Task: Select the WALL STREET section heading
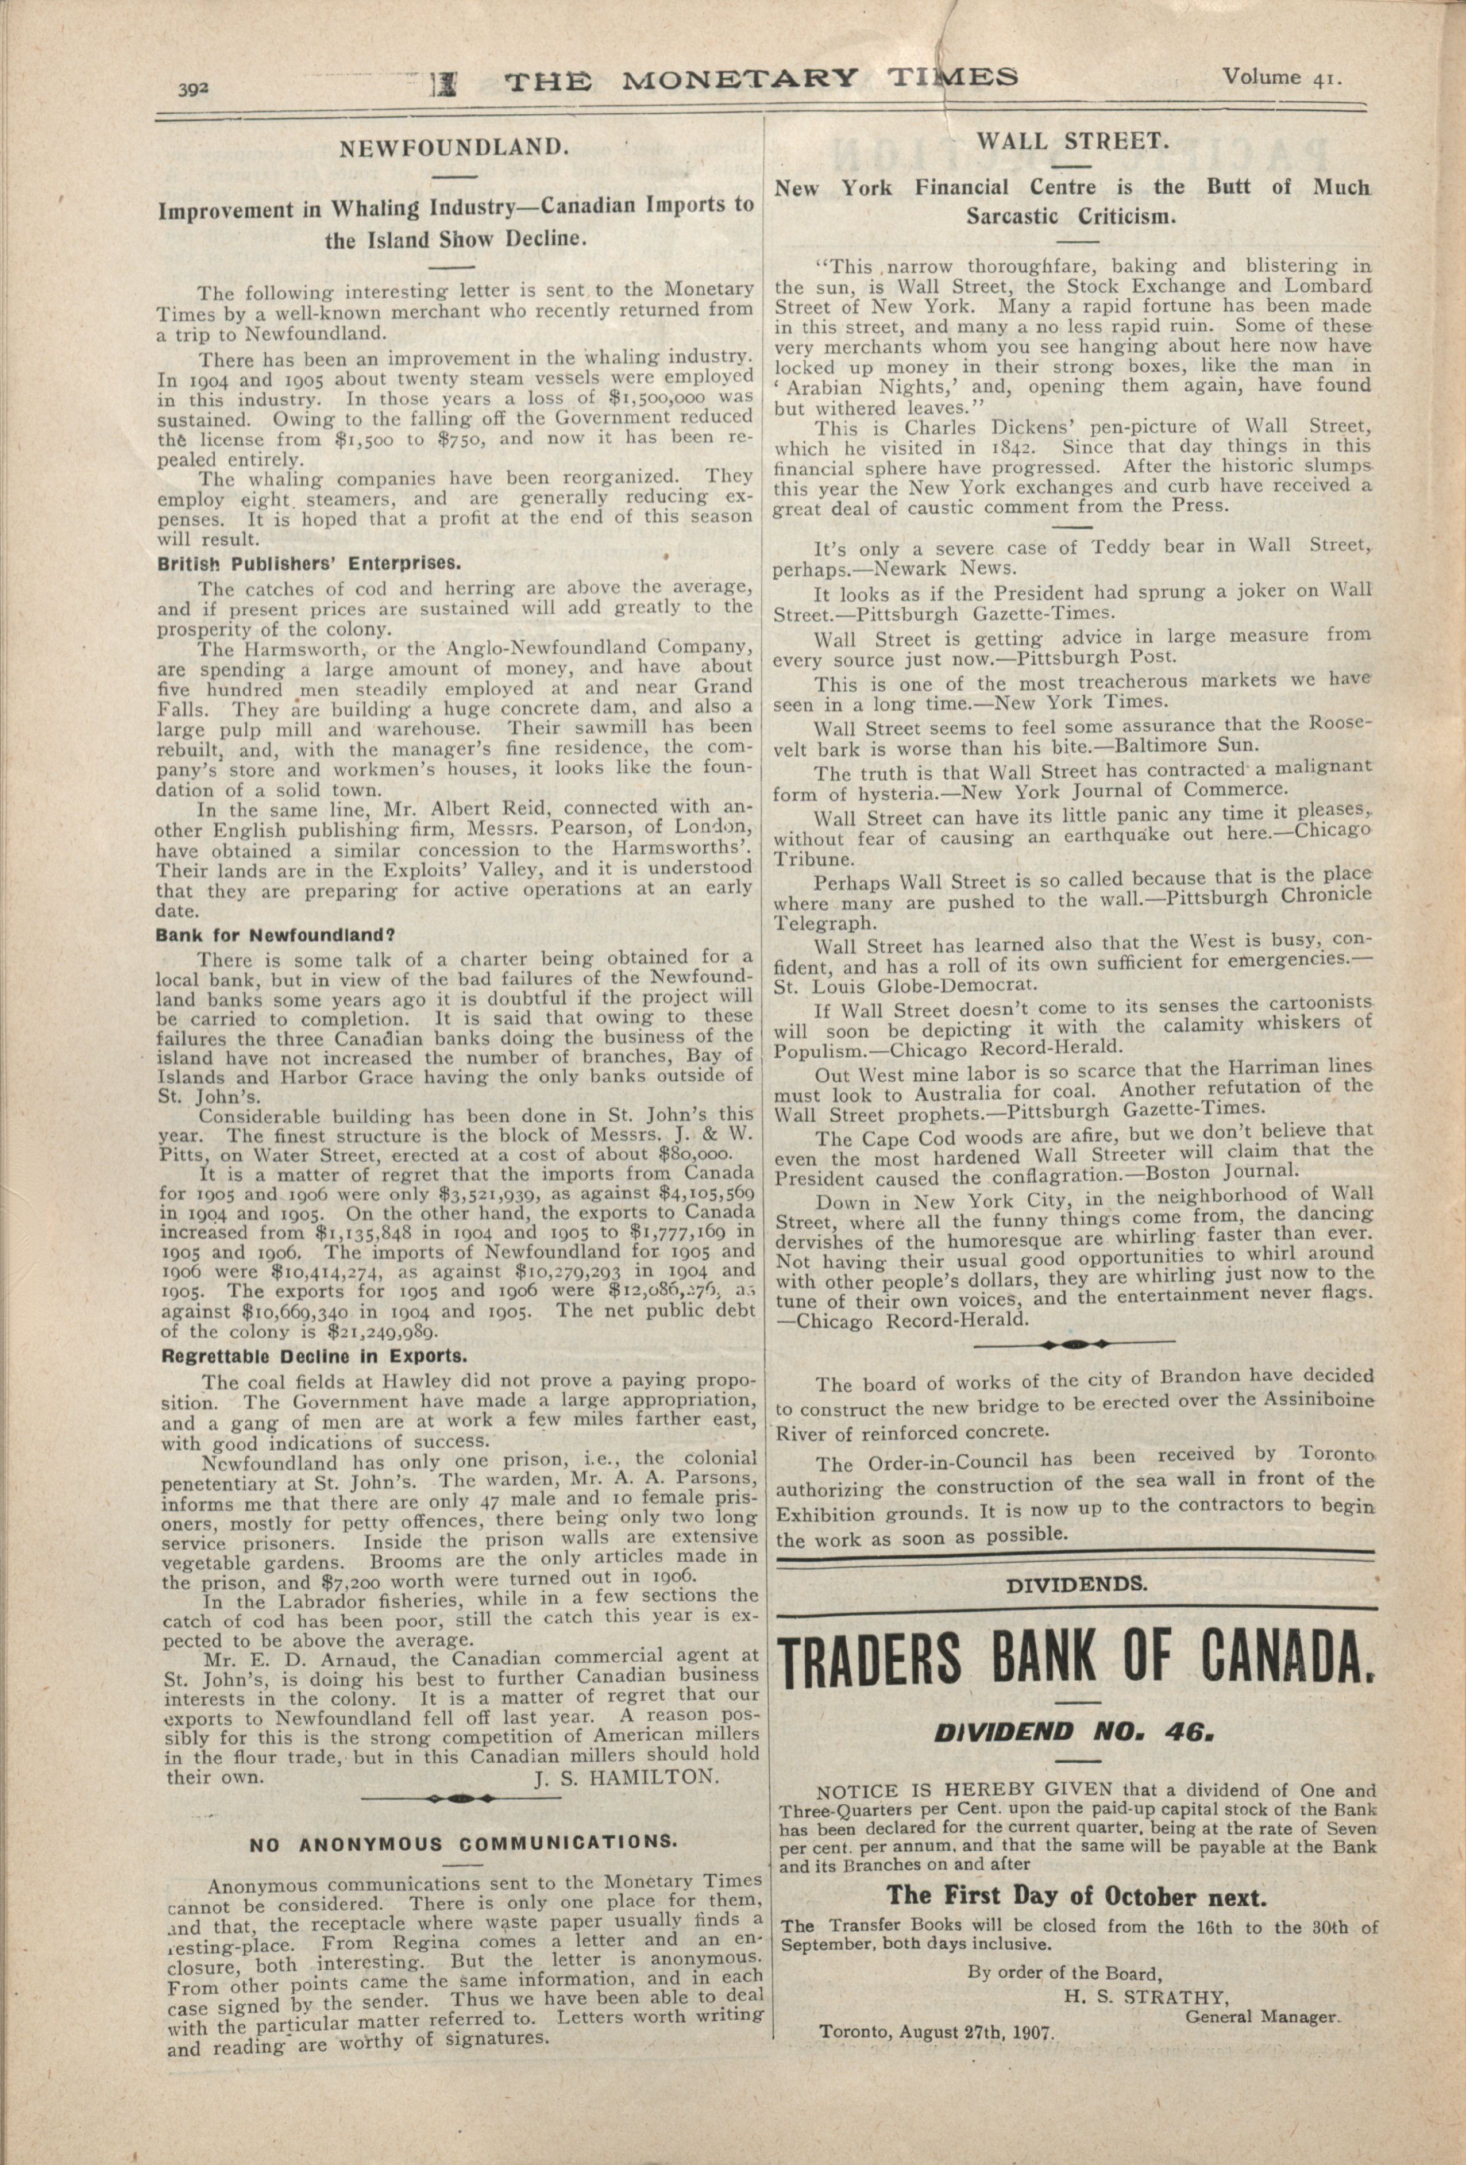tap(1071, 141)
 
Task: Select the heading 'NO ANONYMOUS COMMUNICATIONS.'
tap(461, 1842)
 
